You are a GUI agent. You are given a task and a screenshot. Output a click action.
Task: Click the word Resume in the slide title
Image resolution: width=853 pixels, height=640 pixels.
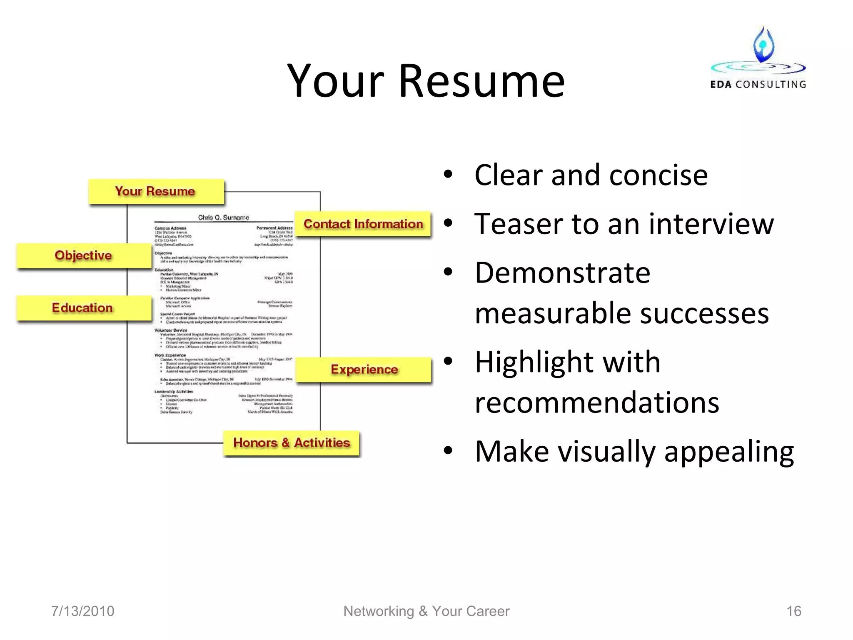pos(481,81)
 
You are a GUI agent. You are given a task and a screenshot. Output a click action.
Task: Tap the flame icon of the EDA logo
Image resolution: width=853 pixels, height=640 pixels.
pos(763,45)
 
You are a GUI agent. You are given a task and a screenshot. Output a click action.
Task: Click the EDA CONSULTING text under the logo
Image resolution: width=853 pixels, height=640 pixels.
pos(758,85)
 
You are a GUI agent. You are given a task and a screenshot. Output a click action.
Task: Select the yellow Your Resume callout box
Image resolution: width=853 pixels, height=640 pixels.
pos(156,192)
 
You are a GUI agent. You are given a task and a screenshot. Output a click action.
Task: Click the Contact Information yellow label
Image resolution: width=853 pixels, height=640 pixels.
pos(363,224)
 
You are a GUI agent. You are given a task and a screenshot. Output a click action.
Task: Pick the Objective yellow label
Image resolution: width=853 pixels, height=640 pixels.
pos(84,255)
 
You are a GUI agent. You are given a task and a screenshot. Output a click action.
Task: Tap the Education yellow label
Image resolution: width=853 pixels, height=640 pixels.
pos(83,308)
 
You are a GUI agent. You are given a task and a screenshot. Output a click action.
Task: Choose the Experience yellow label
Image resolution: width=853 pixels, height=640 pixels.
pos(364,370)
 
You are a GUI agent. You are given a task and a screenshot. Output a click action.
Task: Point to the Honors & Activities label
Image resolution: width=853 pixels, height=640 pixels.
pos(291,442)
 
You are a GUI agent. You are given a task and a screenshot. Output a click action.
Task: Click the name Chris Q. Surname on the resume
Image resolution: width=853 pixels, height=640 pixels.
pos(224,217)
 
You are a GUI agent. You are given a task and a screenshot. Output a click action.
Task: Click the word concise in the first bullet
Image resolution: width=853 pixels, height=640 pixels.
pos(658,175)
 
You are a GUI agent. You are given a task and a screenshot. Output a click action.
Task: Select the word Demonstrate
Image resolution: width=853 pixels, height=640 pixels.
pos(562,273)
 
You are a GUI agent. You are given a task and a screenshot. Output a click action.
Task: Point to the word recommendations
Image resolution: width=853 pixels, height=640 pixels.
pos(597,403)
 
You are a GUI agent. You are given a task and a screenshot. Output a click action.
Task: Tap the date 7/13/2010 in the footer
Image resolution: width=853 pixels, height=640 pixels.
pos(82,611)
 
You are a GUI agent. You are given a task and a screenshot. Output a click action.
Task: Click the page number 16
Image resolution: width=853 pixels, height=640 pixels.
pos(793,611)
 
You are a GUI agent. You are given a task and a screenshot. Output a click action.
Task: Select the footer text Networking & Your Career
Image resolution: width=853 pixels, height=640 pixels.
pos(426,611)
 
